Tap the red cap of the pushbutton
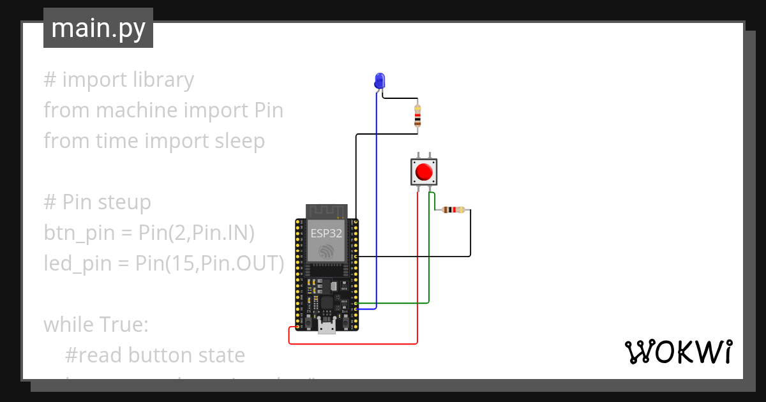coord(423,172)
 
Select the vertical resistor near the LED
coord(417,116)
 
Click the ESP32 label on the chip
coord(326,234)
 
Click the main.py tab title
coord(98,29)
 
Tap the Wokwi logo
coord(677,352)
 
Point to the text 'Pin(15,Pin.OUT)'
coord(209,263)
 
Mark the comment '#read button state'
coord(154,355)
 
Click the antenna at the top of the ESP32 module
coord(326,211)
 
